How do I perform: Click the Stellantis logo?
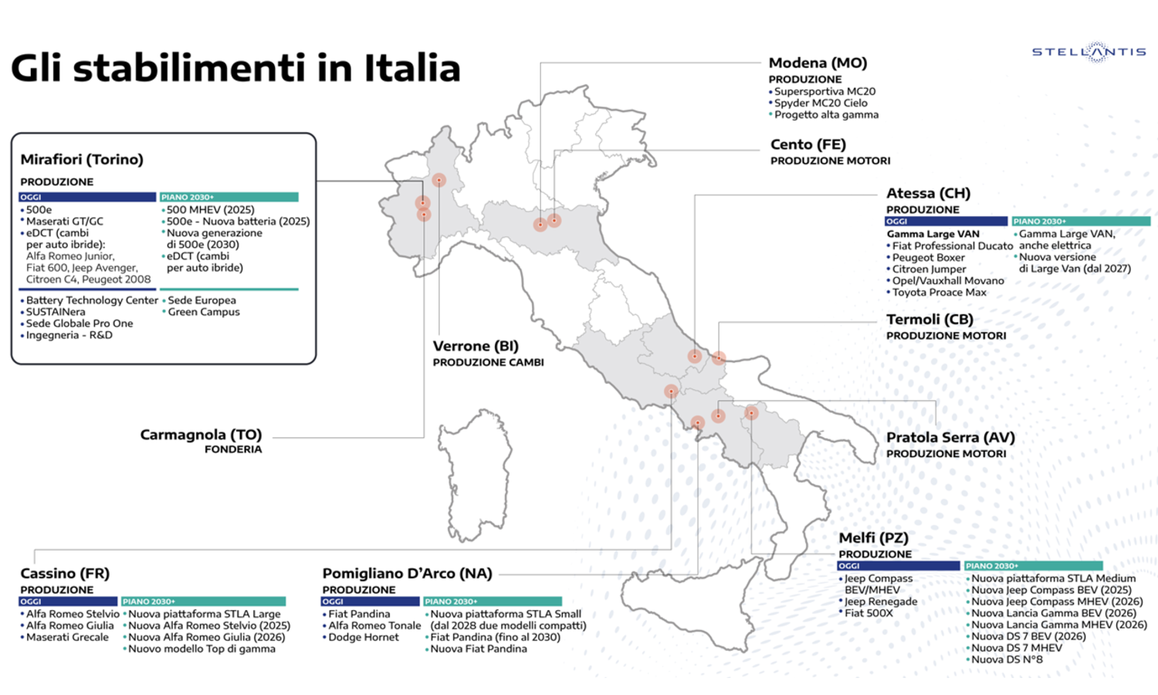[x=1089, y=52]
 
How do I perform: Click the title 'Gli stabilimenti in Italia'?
[x=235, y=68]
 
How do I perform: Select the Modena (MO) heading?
[x=818, y=63]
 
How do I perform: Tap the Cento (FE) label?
[x=808, y=144]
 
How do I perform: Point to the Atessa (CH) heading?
[x=928, y=193]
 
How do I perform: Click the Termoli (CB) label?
[x=929, y=319]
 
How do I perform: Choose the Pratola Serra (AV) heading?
[x=950, y=437]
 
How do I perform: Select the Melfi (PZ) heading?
[x=873, y=537]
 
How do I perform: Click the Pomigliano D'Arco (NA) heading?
[x=407, y=573]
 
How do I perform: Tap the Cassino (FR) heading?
[x=65, y=573]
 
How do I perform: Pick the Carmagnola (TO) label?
[x=201, y=435]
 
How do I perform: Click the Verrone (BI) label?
[x=476, y=346]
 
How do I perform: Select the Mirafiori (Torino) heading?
[x=82, y=159]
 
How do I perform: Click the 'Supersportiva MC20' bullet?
[x=824, y=91]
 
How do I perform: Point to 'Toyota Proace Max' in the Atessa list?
[x=939, y=293]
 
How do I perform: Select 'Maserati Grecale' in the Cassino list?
[x=67, y=637]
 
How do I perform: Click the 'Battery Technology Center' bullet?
[x=92, y=300]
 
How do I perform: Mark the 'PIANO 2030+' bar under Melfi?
[x=1033, y=566]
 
